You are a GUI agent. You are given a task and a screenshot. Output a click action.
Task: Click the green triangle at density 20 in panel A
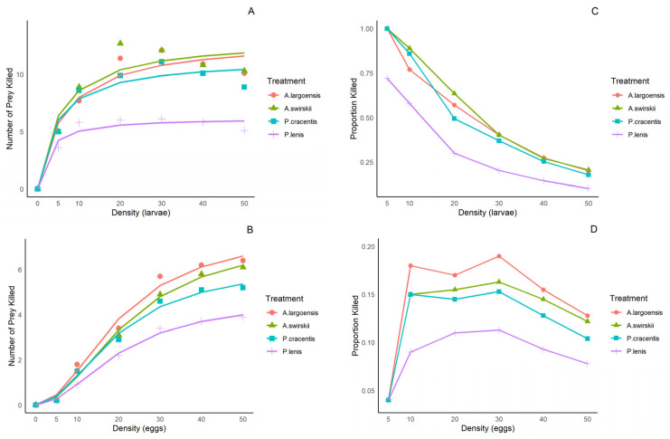click(x=119, y=43)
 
